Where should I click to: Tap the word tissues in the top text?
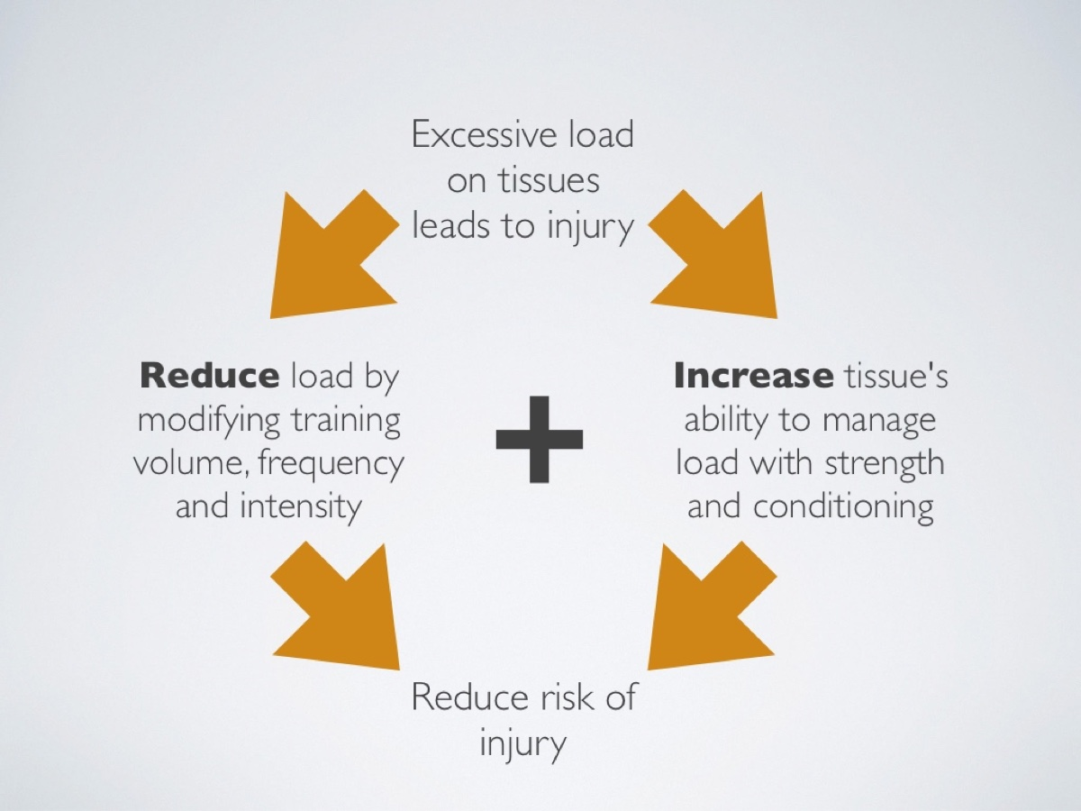point(549,180)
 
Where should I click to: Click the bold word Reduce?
point(210,376)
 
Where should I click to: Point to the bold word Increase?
point(753,376)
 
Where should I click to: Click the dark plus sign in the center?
point(540,439)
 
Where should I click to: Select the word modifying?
point(209,420)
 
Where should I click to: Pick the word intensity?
point(300,507)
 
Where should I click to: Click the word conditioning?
point(843,506)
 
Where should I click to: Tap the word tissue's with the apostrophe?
point(895,376)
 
